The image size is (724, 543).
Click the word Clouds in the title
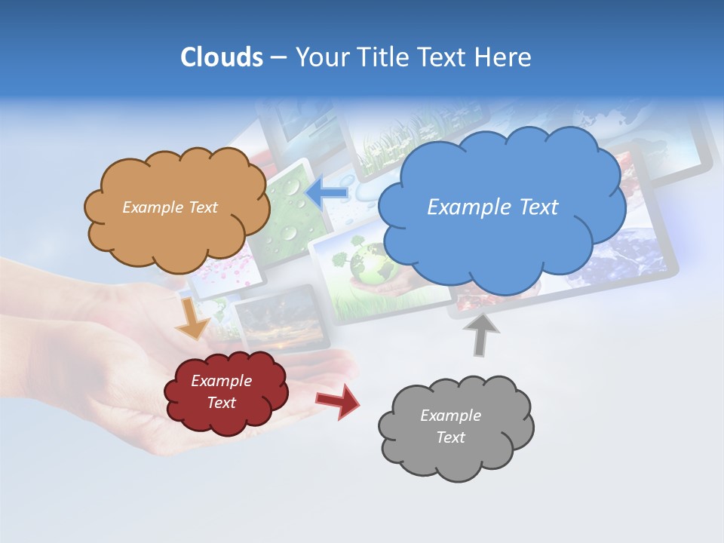pos(221,57)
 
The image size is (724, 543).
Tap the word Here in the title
pos(504,57)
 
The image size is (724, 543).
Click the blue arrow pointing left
pos(327,192)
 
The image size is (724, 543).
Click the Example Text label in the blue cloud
pos(492,207)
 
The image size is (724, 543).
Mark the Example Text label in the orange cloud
pos(170,207)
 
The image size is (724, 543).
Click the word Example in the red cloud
pos(221,381)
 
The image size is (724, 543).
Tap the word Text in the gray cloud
pos(450,437)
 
